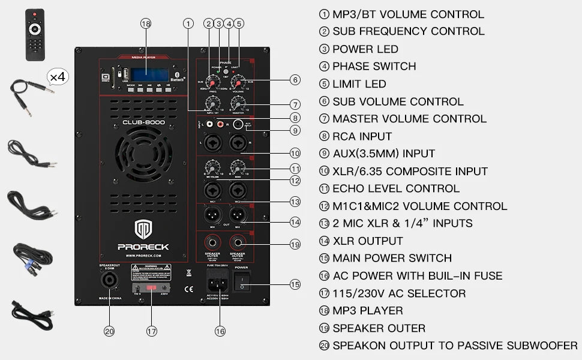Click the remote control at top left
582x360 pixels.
click(x=35, y=34)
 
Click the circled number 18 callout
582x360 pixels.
click(x=146, y=23)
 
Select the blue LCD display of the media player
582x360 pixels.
click(x=149, y=74)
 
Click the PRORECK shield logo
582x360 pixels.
click(x=143, y=229)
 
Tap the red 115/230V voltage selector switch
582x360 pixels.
click(x=151, y=288)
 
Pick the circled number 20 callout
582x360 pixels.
click(x=109, y=331)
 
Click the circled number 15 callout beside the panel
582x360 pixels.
click(x=294, y=284)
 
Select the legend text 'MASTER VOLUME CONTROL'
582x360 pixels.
click(x=409, y=119)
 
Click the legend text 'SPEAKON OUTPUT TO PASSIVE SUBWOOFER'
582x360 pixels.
click(x=455, y=346)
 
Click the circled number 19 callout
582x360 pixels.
click(x=294, y=244)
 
